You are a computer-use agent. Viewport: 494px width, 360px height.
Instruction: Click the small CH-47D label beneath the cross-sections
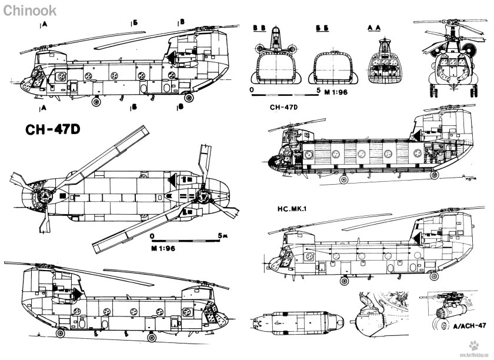click(x=285, y=108)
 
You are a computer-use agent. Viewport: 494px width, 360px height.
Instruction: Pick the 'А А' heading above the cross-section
click(x=375, y=28)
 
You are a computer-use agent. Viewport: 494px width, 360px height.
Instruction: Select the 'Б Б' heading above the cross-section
click(x=321, y=28)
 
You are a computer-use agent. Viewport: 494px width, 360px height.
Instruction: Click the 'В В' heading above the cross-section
click(x=259, y=28)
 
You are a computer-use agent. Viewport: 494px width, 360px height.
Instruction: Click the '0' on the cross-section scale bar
click(x=252, y=91)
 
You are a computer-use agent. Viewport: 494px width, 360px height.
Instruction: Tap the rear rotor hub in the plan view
click(x=203, y=195)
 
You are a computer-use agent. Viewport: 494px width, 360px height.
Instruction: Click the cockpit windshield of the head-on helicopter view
click(x=450, y=61)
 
